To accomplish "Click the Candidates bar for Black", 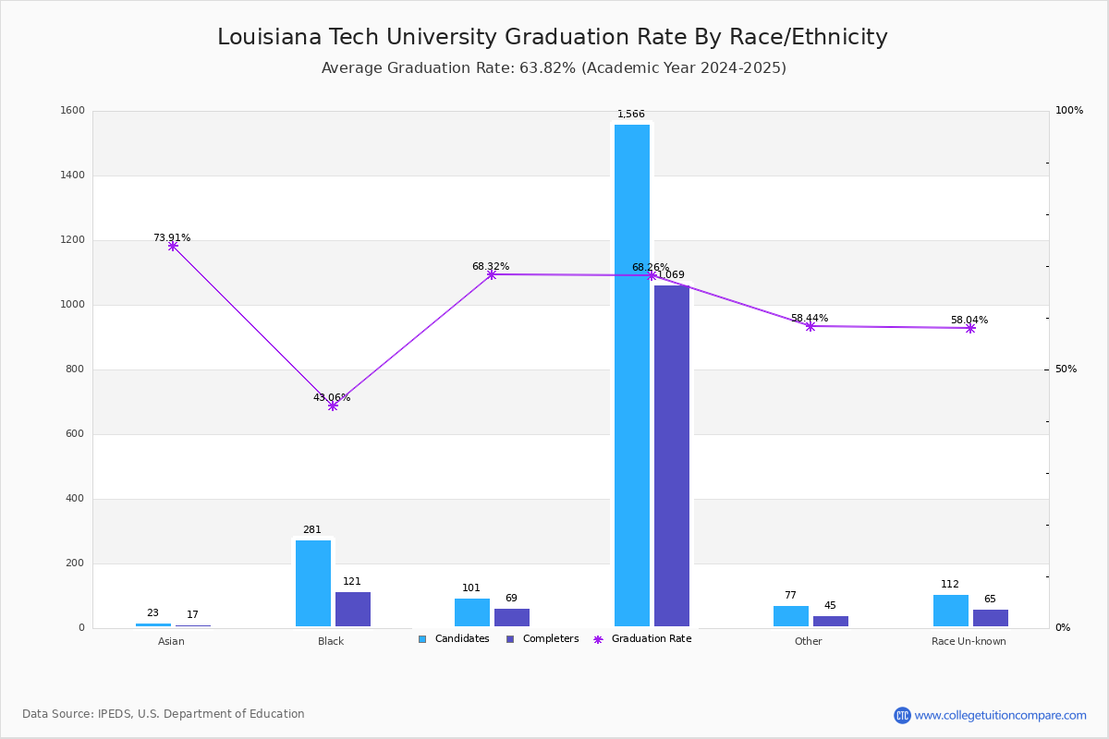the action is point(313,583).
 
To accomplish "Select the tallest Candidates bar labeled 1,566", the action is point(632,375).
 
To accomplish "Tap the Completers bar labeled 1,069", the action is point(671,456).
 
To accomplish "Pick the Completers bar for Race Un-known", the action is point(990,618).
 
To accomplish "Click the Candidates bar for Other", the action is point(791,616).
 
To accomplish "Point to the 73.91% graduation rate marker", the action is point(172,246).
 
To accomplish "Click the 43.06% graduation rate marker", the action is point(333,406).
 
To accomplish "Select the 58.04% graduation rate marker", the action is point(969,328).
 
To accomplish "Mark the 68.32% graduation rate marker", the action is point(491,274).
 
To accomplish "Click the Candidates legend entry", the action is point(454,638).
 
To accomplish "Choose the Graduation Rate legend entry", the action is point(642,638).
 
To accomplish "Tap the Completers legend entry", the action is point(542,638).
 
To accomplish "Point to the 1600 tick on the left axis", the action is point(72,110).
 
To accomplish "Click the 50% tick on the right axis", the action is point(1066,369).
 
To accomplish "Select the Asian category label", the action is point(171,641).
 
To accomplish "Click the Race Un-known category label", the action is point(969,641).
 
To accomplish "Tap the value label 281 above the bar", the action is point(312,529).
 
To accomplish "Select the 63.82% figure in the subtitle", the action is point(547,67).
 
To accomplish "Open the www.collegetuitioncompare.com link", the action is point(1000,715).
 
